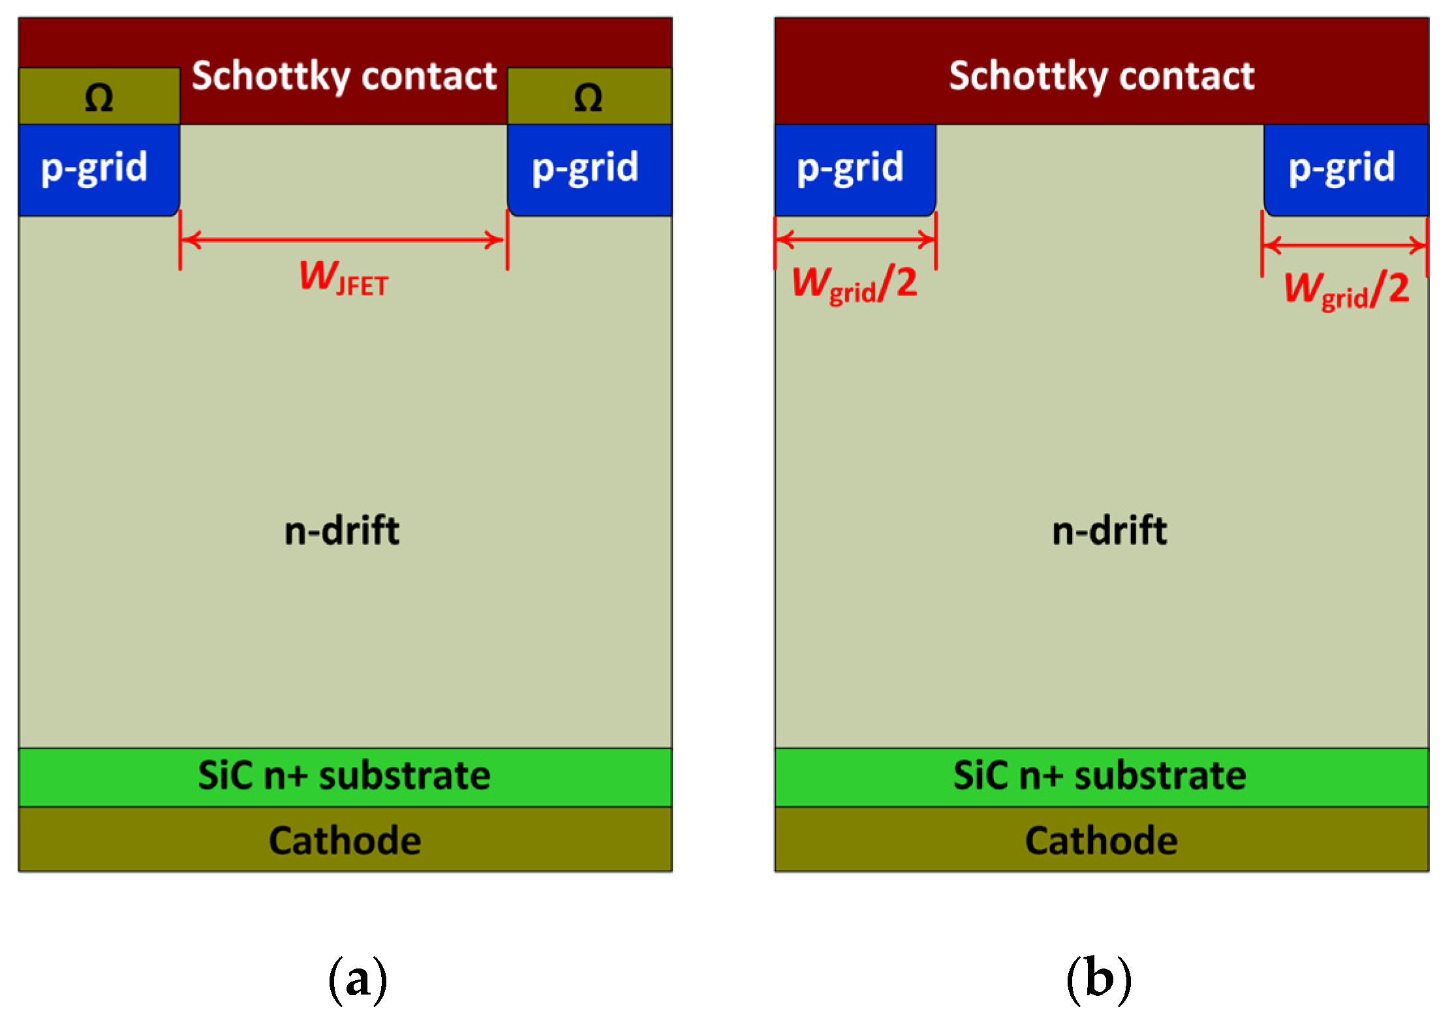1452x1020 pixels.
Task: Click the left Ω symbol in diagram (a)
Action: click(99, 98)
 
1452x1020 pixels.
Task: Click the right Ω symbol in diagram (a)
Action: click(588, 98)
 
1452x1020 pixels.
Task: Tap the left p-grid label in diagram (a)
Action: click(95, 168)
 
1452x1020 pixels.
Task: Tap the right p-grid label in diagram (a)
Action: click(585, 168)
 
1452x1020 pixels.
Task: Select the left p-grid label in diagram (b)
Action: click(850, 168)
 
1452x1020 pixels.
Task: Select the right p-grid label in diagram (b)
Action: click(1342, 168)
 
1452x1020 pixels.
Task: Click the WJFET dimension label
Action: click(344, 278)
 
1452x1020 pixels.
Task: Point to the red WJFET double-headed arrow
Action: click(343, 240)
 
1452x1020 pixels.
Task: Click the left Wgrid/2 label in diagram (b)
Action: click(855, 285)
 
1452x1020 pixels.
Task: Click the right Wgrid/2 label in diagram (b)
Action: click(1347, 290)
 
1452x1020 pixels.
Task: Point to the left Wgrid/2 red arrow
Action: click(856, 239)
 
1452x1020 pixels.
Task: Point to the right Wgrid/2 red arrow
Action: click(1344, 246)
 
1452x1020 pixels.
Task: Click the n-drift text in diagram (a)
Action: click(342, 530)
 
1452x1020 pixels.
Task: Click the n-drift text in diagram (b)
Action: click(1109, 530)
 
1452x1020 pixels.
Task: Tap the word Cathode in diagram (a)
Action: click(345, 840)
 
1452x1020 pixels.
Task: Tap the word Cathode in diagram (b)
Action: click(1101, 840)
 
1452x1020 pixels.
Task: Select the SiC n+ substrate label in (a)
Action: click(344, 775)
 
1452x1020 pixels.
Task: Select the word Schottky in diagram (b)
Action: click(1028, 77)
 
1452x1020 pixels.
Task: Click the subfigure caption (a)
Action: click(358, 979)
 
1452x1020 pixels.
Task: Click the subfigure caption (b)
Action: click(1099, 979)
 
